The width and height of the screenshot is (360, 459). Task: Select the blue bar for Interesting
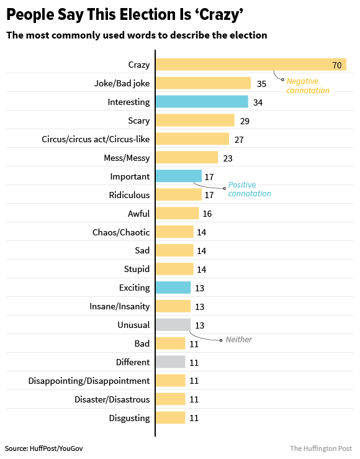pos(202,102)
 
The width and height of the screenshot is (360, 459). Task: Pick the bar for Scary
pos(195,120)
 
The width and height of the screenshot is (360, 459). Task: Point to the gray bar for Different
pos(170,362)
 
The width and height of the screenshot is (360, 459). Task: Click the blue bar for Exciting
pos(173,288)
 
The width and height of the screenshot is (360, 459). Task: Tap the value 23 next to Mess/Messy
pos(228,158)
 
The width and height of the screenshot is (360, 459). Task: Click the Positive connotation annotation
pos(250,189)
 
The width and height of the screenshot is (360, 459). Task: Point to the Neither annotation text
pos(239,340)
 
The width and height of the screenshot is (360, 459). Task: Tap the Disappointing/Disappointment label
pos(89,381)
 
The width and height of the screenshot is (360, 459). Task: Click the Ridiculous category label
pos(129,195)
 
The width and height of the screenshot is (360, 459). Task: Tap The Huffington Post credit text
pos(321,448)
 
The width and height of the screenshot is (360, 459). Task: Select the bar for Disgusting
pos(170,418)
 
